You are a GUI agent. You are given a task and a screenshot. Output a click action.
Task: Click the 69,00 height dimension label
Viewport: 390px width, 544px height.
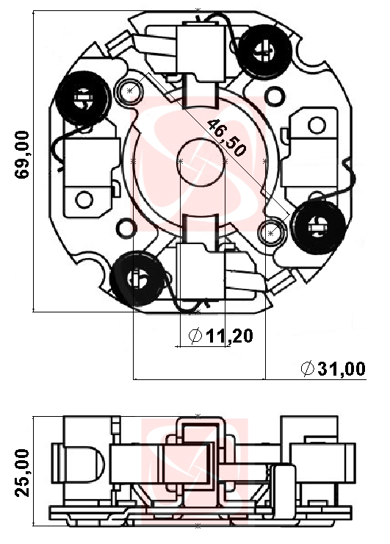(x=22, y=154)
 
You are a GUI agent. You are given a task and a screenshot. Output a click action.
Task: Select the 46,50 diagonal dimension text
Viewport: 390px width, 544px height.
(x=226, y=137)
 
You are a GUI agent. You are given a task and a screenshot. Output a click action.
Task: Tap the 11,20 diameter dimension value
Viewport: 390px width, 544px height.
(x=229, y=335)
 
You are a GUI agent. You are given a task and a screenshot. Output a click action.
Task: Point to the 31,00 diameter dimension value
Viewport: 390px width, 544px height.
(x=342, y=368)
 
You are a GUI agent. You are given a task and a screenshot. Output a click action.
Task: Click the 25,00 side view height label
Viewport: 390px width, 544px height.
(x=22, y=473)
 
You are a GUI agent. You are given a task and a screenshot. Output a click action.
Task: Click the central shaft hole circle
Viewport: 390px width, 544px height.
(x=199, y=161)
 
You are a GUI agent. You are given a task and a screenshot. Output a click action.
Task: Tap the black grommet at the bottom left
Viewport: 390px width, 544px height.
(x=137, y=279)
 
